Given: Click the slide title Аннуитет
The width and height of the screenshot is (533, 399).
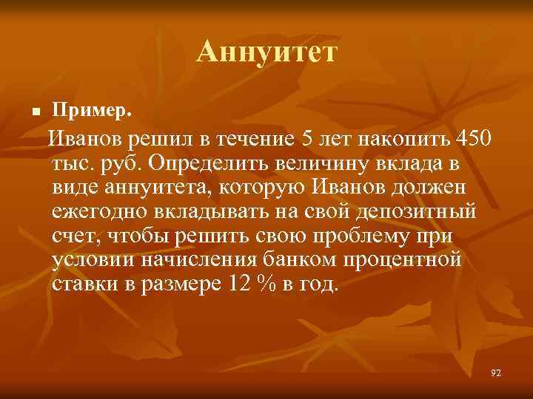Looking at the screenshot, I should point(266,52).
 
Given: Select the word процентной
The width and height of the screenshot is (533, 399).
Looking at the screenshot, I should point(404,261).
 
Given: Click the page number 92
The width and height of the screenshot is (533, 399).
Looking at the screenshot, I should point(495,373).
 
